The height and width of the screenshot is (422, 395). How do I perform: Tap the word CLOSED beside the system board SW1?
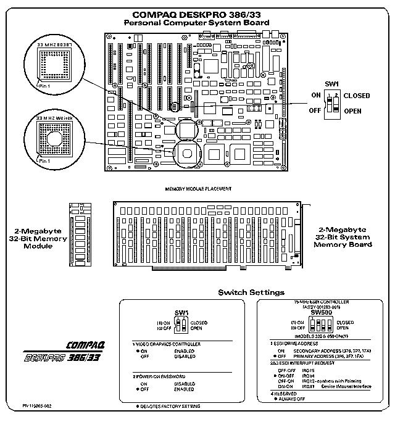tap(356, 96)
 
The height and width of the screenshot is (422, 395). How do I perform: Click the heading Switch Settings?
tap(251, 291)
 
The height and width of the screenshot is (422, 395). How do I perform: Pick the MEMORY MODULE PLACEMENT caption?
tap(198, 188)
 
